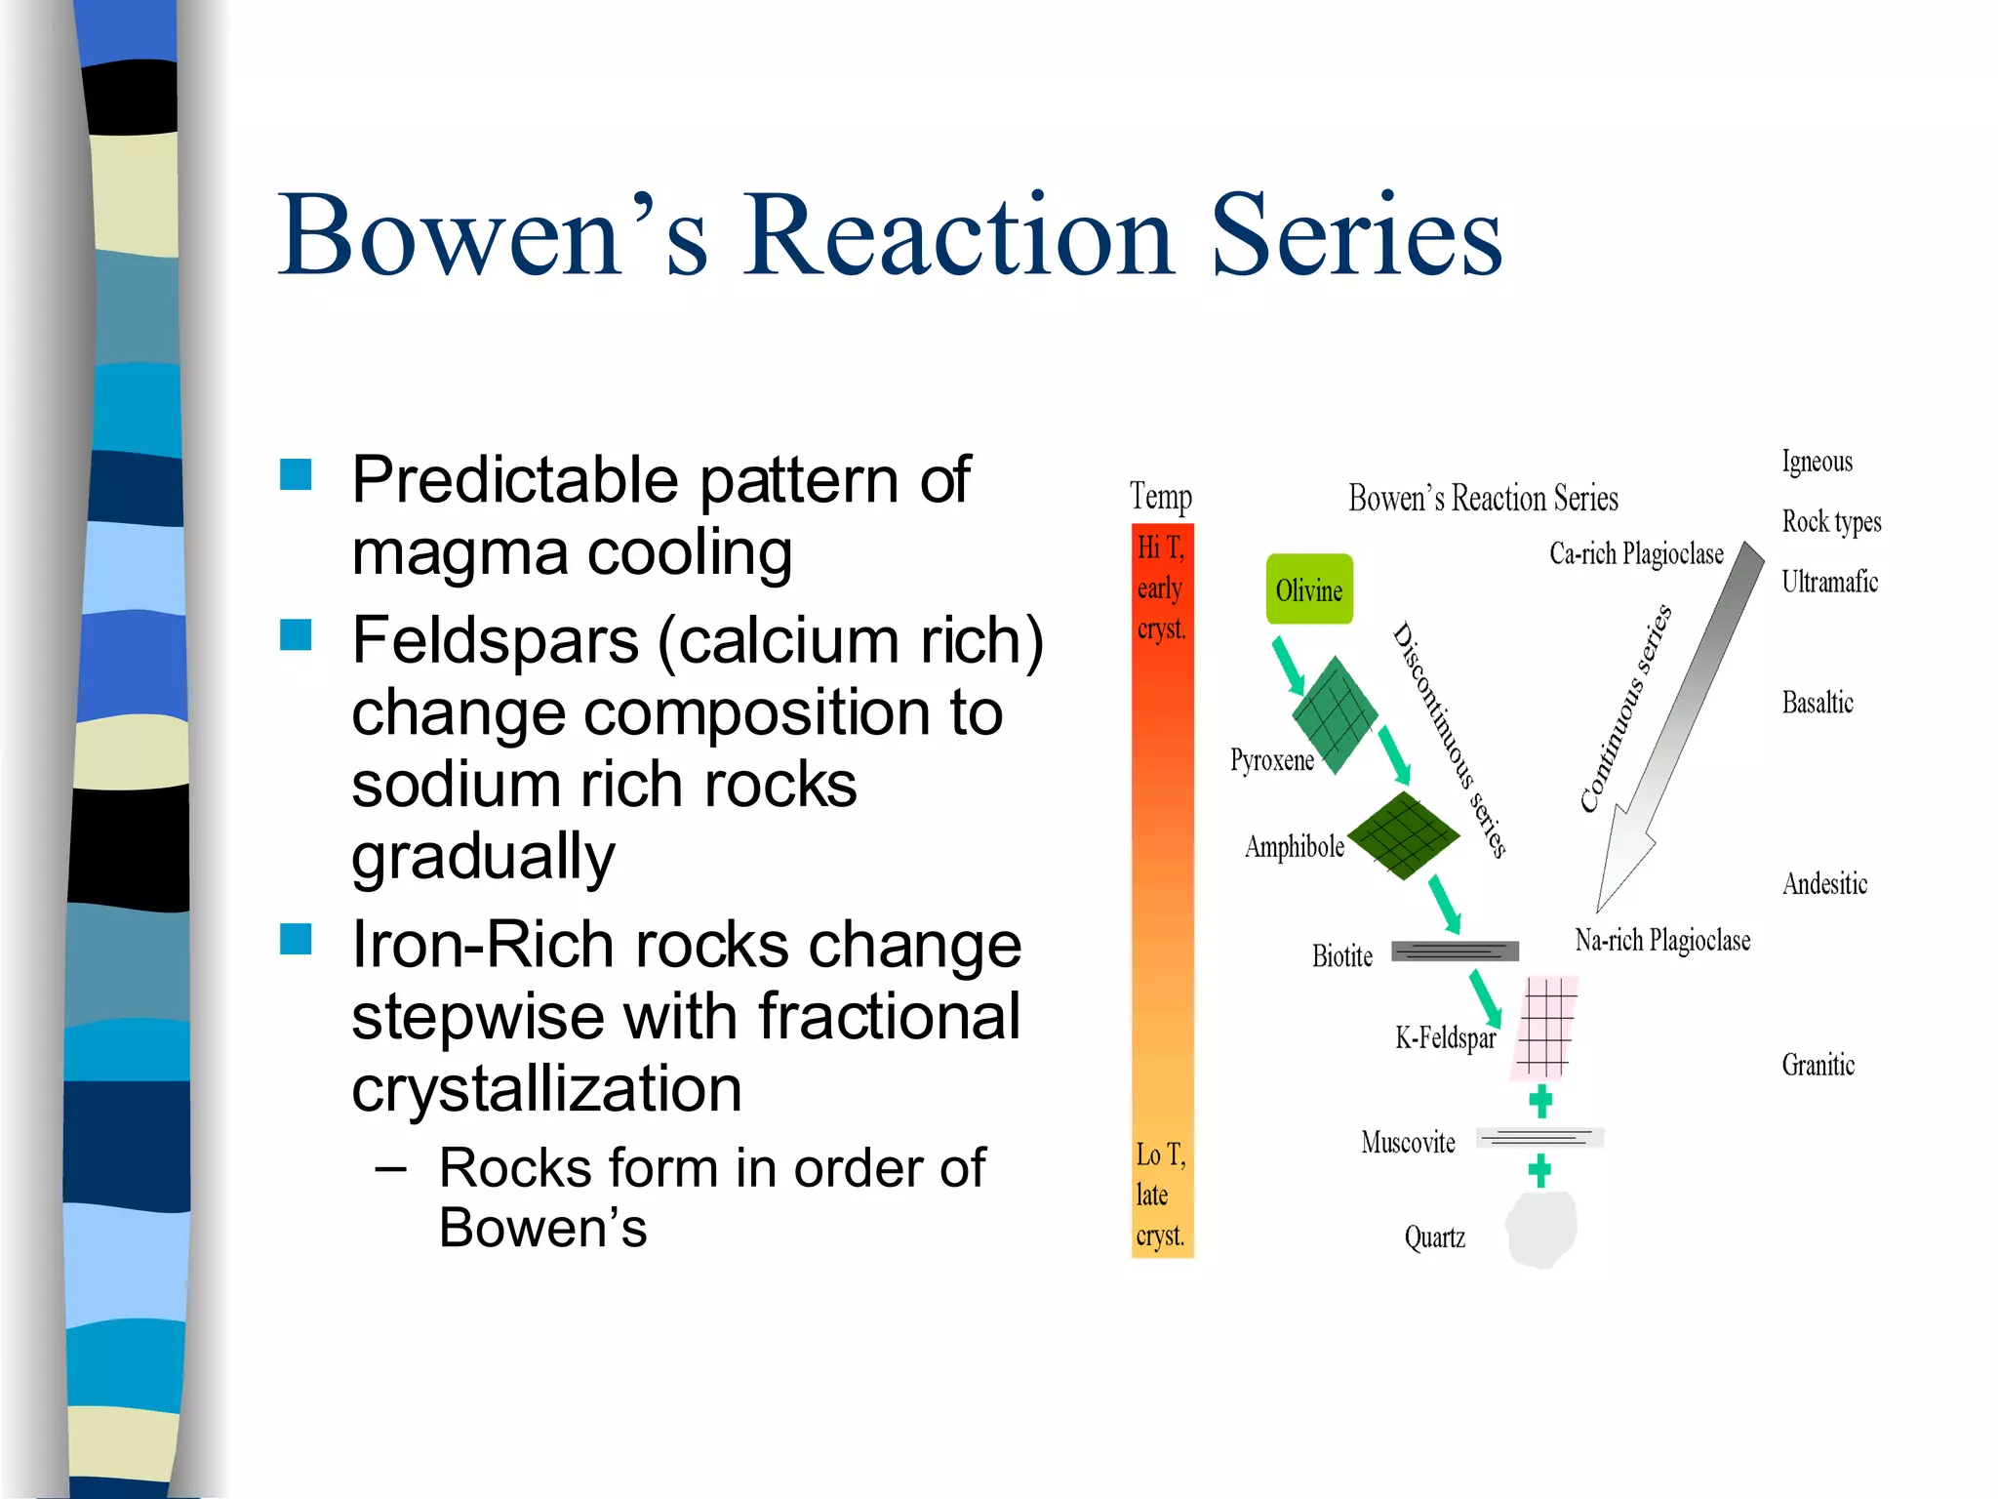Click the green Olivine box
click(x=1309, y=589)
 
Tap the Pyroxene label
click(x=1271, y=760)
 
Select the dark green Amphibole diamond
click(x=1403, y=835)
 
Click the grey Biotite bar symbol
click(x=1455, y=951)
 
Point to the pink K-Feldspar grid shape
click(x=1544, y=1028)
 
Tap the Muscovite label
click(x=1408, y=1142)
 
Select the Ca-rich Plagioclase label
click(x=1636, y=554)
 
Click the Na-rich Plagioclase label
click(x=1662, y=941)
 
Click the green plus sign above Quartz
click(x=1539, y=1170)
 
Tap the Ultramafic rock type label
click(x=1829, y=583)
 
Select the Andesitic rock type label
click(x=1824, y=884)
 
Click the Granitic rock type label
click(x=1818, y=1065)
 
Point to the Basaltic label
click(x=1817, y=703)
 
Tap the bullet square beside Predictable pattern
click(x=296, y=475)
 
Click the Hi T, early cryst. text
click(x=1161, y=588)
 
